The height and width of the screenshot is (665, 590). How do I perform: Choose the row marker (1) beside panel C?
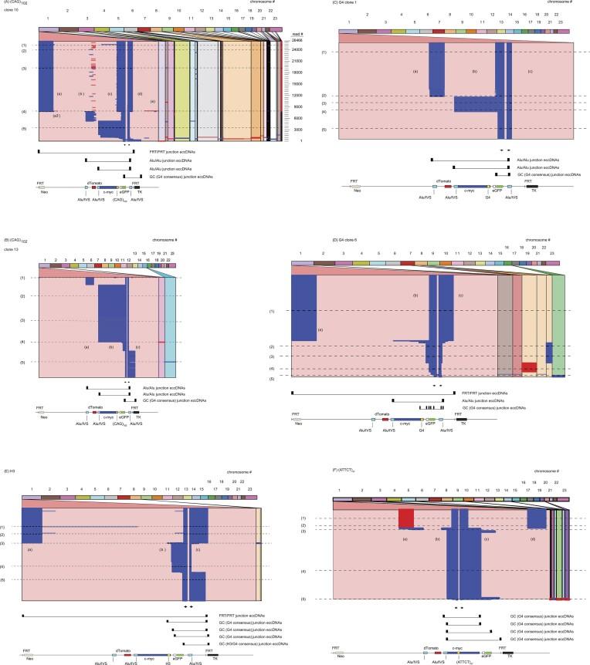click(x=324, y=52)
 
